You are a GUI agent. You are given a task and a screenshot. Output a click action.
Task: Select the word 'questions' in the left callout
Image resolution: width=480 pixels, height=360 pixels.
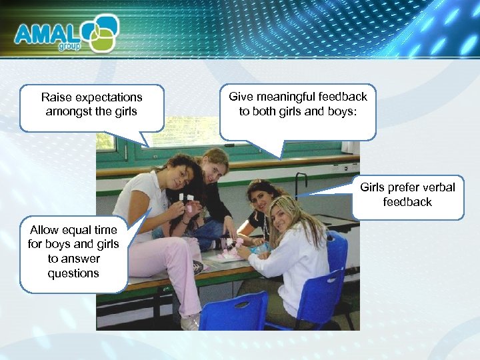click(73, 273)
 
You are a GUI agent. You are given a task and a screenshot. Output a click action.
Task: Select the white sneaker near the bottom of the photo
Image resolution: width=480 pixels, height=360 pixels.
click(190, 323)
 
